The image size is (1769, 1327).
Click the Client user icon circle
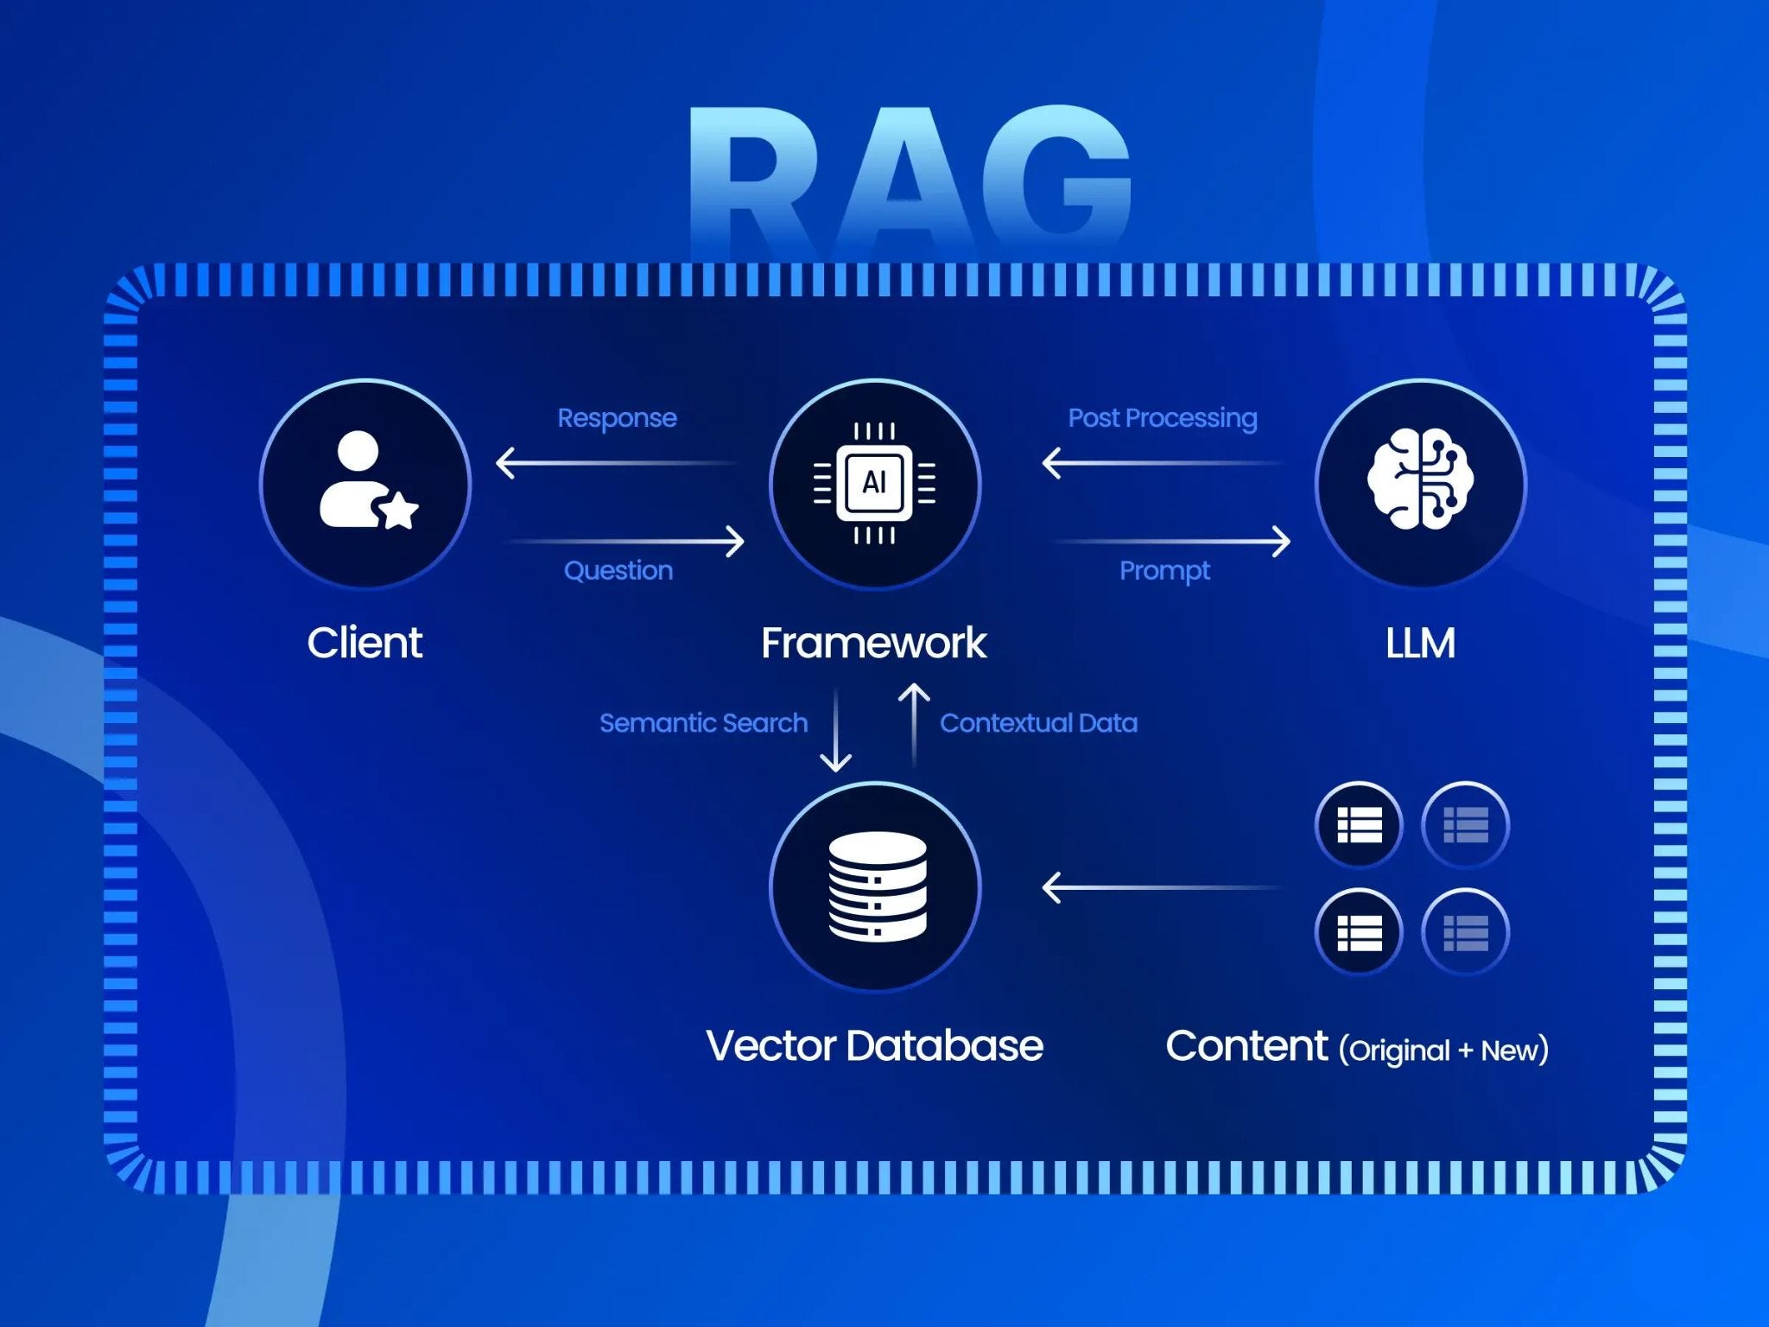point(365,484)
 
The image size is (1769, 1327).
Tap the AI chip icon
point(874,483)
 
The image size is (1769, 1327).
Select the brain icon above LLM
point(1420,480)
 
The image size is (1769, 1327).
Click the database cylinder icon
point(877,886)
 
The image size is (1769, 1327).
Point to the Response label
point(617,418)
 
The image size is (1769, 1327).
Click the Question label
point(618,571)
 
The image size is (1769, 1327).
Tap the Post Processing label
point(1163,418)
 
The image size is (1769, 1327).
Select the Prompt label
point(1164,571)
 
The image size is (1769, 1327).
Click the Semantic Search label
point(703,723)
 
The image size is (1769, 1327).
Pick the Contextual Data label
point(1038,723)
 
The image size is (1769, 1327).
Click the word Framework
point(873,644)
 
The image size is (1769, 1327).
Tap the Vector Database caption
point(874,1046)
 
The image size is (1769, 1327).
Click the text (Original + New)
point(1443,1051)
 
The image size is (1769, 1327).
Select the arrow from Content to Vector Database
point(1162,887)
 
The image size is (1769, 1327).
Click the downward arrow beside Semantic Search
point(835,730)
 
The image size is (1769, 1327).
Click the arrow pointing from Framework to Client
point(617,463)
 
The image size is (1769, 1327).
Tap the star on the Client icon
point(399,510)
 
